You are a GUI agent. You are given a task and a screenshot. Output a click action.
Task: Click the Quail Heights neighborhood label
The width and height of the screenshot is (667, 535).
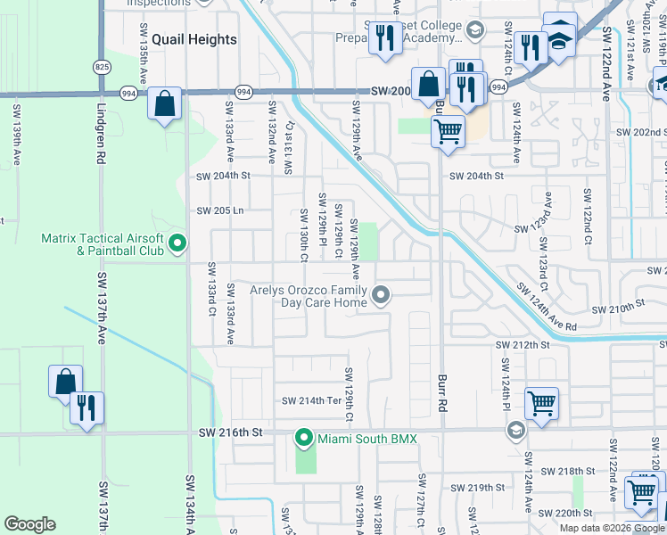[x=194, y=39]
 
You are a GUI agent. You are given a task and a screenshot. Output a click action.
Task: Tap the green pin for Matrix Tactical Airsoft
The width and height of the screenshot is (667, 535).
[x=177, y=242]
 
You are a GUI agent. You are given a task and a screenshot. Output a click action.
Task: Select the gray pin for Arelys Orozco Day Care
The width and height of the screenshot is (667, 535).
[x=382, y=294]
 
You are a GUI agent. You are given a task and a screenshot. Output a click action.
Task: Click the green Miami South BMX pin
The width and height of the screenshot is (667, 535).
[x=304, y=438]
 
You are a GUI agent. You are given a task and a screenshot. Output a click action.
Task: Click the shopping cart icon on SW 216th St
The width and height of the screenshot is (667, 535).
[x=541, y=403]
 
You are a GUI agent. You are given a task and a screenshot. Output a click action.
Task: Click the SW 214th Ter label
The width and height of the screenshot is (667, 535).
[x=312, y=401]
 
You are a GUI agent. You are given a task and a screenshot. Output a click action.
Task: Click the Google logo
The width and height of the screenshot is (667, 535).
[x=30, y=524]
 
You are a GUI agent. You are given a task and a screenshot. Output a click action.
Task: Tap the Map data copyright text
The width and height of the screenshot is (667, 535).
[x=612, y=528]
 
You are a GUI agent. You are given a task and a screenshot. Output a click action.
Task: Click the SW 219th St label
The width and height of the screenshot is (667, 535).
[x=478, y=488]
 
